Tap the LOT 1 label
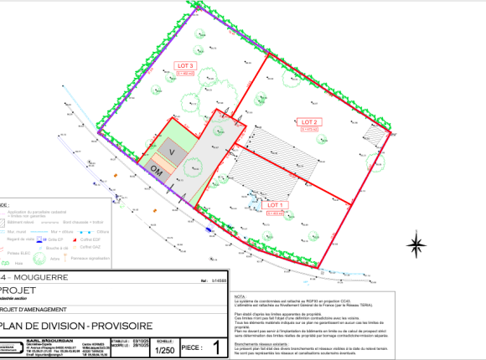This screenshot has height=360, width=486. pyautogui.click(x=277, y=204)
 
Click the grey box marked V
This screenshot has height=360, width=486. pyautogui.click(x=172, y=152)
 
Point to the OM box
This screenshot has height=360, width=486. pyautogui.click(x=156, y=168)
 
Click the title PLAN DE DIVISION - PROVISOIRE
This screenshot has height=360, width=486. pyautogui.click(x=68, y=327)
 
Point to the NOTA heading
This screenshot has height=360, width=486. pyautogui.click(x=240, y=296)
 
